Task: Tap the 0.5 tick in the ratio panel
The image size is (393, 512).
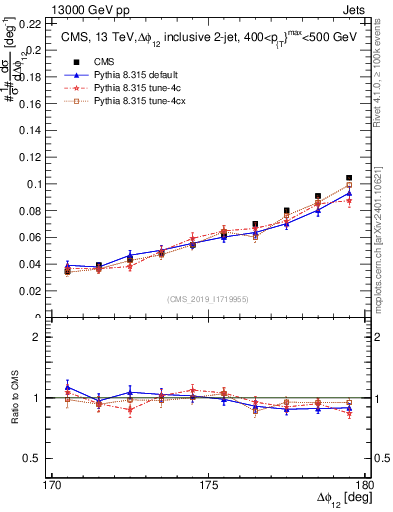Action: click(x=38, y=458)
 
